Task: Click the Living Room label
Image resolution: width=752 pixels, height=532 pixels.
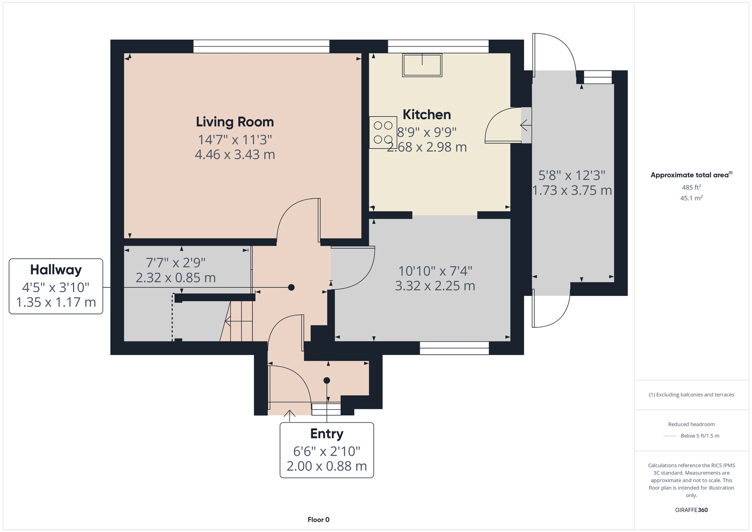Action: [x=235, y=122]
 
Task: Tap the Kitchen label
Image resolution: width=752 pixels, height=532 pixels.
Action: [x=427, y=115]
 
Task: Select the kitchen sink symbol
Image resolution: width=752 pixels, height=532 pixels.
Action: [x=422, y=65]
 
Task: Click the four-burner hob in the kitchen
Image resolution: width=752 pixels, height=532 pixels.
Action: [x=383, y=132]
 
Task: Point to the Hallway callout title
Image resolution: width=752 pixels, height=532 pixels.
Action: [x=56, y=270]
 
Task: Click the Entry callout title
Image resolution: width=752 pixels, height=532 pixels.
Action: [x=327, y=434]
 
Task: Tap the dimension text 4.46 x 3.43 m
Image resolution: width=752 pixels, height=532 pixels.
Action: [x=235, y=155]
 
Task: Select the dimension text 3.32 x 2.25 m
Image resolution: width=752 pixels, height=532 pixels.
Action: [x=435, y=286]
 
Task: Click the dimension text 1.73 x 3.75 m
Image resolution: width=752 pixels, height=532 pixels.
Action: [x=572, y=191]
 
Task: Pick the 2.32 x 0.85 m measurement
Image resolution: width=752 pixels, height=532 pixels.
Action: [x=176, y=278]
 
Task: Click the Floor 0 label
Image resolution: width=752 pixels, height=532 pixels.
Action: [x=318, y=520]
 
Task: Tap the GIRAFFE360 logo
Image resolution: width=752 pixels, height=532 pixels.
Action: [x=691, y=510]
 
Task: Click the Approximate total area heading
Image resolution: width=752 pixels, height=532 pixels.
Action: [x=691, y=175]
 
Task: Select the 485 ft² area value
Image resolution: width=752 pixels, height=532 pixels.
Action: [x=691, y=187]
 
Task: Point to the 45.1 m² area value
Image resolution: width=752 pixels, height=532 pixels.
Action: [x=691, y=198]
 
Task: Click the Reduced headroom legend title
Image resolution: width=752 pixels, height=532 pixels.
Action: [x=691, y=424]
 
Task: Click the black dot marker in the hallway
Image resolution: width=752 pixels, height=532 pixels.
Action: [x=291, y=287]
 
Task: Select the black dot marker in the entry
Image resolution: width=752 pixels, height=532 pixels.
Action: [x=327, y=381]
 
